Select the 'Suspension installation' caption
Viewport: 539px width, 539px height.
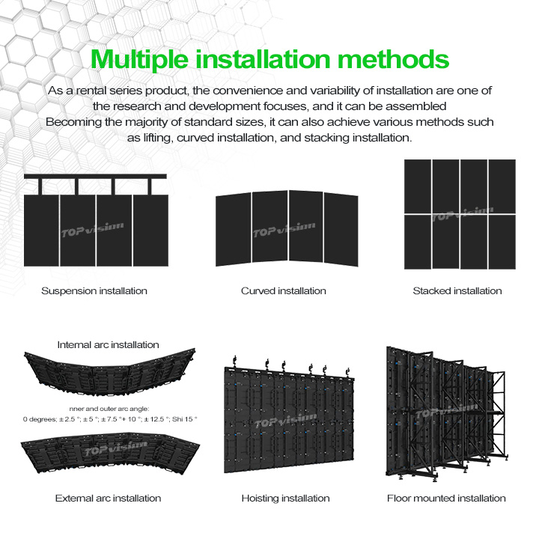coord(94,290)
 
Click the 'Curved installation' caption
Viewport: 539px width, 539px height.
coord(284,290)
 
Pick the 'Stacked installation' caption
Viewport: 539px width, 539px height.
coord(457,290)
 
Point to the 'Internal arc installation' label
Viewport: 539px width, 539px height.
coord(109,344)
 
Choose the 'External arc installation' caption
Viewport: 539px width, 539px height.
coord(108,498)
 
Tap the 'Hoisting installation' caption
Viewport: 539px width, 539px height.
coord(285,498)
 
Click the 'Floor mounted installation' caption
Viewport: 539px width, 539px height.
coord(446,498)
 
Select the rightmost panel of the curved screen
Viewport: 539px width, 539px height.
coord(341,228)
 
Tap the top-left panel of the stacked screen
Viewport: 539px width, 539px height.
coord(417,186)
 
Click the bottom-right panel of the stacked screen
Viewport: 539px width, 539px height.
coord(502,242)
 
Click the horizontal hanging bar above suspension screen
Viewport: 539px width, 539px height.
coord(94,177)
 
